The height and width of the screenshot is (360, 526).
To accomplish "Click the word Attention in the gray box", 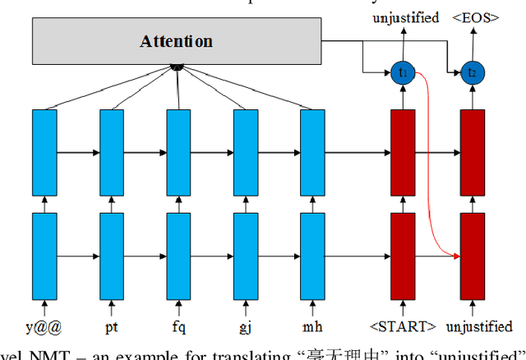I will point(176,41).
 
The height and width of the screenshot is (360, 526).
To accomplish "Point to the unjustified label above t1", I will point(406,17).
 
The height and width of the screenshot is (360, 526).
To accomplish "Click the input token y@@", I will point(44,326).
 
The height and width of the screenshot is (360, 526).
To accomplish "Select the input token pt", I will point(111,326).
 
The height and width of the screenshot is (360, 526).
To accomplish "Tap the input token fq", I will point(178,326).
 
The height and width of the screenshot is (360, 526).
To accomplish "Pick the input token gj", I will point(245,326).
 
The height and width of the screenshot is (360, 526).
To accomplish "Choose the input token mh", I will point(311,326).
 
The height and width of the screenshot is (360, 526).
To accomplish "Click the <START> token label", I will point(403,326).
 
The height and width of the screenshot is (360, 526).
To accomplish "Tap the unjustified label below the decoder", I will point(477,326).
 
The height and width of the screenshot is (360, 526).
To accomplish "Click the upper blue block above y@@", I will point(44,151).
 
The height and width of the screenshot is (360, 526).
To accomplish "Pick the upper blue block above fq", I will point(178,151).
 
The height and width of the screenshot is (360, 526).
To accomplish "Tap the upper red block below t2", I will point(472,151).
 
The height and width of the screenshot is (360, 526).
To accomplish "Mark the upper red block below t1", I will point(402,151).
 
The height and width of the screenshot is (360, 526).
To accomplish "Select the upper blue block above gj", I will point(245,151).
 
